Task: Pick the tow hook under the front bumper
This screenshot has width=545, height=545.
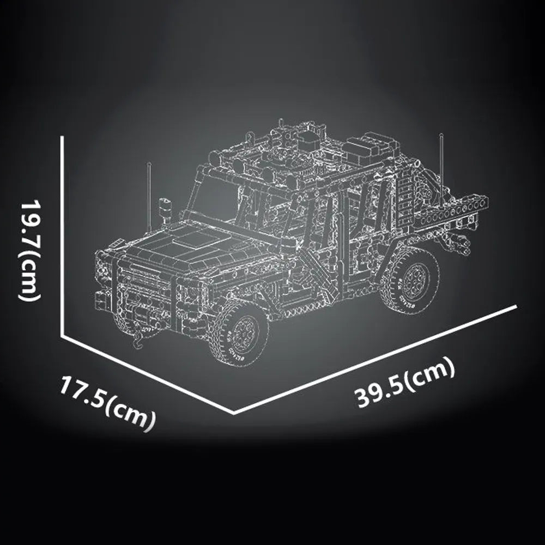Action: [137, 341]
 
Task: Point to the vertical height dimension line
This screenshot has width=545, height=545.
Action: [63, 234]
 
